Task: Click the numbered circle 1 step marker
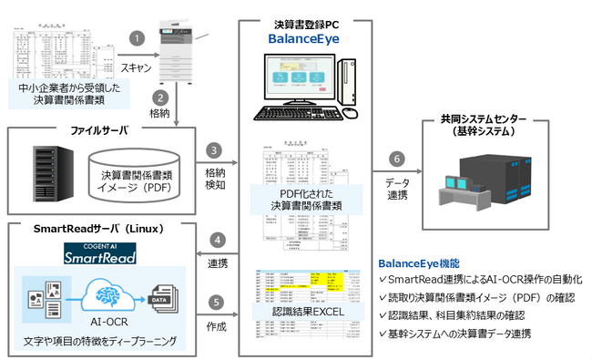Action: (137, 39)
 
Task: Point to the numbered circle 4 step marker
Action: (215, 241)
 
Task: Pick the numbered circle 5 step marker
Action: (215, 302)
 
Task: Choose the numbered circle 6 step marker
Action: (395, 157)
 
